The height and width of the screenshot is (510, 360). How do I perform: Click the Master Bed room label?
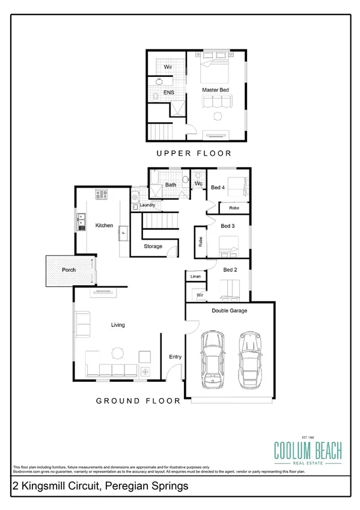coord(215,90)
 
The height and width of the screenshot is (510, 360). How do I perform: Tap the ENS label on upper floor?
coord(160,94)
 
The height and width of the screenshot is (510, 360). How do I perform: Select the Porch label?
coord(69,270)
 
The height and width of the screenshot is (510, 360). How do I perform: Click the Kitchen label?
coord(104,226)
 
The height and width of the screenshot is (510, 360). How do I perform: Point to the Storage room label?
coord(153,247)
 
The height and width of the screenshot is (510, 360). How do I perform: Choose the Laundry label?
coord(148,205)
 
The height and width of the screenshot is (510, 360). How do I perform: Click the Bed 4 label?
coord(218,188)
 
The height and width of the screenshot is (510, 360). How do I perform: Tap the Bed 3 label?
coord(227,226)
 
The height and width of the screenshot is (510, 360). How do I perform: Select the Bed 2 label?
coord(230,270)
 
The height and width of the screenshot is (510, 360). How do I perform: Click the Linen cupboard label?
coord(195,277)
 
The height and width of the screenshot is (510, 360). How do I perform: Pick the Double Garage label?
coord(229,311)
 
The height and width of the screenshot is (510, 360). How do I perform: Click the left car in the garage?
coord(211,358)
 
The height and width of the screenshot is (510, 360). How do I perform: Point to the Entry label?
coord(175,357)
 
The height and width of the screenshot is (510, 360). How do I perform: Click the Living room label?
coord(117,325)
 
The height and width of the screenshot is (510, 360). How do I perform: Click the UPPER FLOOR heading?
coord(194,153)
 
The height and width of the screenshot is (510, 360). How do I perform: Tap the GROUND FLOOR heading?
coord(138,401)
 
